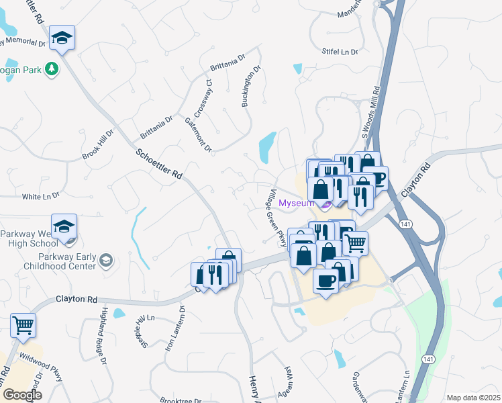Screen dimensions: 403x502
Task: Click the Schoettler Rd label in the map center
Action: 159,164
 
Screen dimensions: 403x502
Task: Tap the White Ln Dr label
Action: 41,196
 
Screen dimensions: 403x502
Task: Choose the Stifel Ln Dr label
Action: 340,51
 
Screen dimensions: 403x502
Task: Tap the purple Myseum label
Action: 297,203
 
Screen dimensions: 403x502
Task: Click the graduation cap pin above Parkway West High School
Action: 64,227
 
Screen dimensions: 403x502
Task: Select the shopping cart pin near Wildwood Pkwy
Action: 23,326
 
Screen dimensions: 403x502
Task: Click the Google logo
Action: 22,395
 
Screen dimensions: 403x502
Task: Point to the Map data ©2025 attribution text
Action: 473,398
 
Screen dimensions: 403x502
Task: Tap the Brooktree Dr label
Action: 183,400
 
